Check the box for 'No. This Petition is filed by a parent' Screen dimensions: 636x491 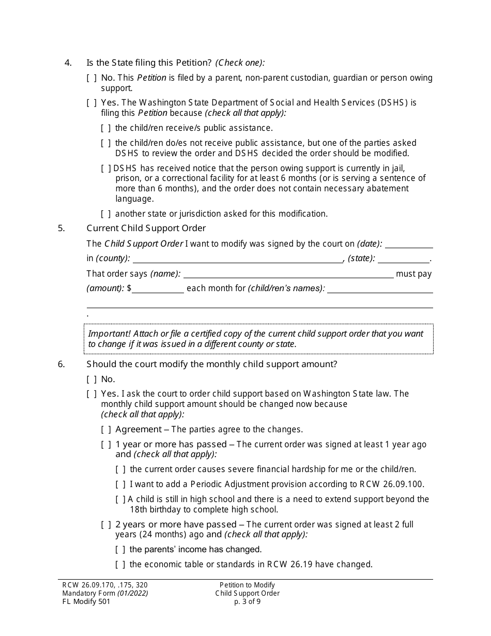coord(91,78)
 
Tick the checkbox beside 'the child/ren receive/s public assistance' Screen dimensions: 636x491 coord(106,128)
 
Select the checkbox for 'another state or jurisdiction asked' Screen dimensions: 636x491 coord(106,214)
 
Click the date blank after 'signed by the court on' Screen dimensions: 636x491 coord(409,244)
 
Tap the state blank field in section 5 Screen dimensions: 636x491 coord(407,259)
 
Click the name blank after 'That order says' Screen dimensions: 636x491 coord(288,274)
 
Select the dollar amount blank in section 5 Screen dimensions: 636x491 coord(158,289)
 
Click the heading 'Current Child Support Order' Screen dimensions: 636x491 coord(146,228)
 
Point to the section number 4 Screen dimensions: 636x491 coord(68,63)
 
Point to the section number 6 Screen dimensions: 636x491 coord(62,364)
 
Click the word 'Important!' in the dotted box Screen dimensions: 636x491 coord(107,334)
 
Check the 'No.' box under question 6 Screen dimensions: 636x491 coord(91,380)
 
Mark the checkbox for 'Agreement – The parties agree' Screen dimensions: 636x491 coord(106,430)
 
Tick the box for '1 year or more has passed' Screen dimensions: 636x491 coord(106,445)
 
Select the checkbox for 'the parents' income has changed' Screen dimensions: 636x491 coord(120,550)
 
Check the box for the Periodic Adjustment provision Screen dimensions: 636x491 coord(120,484)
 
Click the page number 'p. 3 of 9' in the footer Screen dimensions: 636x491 coord(247,601)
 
